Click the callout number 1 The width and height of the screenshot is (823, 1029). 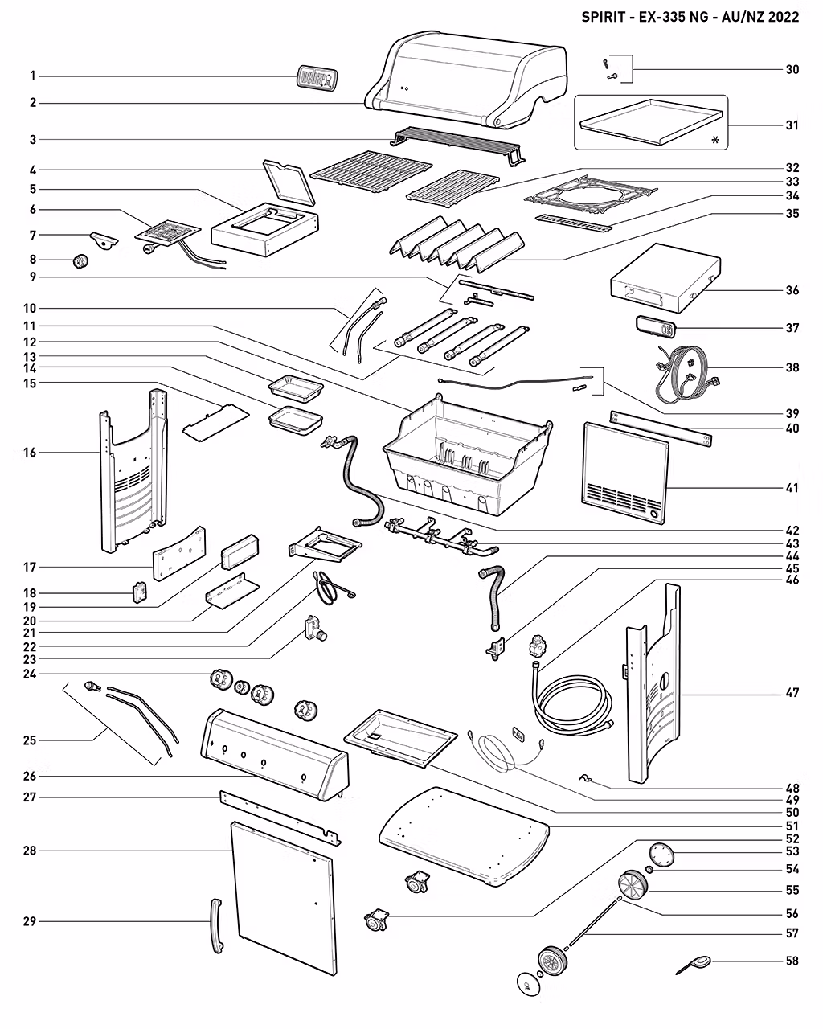tap(32, 76)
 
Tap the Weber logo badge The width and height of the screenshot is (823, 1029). tap(317, 77)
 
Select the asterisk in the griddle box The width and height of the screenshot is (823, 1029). tap(715, 140)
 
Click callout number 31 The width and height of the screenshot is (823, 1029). tap(792, 125)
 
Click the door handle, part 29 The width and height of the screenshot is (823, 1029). tap(217, 926)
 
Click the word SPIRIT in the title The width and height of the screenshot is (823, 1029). tap(603, 17)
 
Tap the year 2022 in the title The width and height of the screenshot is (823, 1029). tap(784, 17)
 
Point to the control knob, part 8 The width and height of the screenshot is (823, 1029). tap(80, 261)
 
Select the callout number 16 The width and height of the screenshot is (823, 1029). tap(30, 453)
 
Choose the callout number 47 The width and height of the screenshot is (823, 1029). tap(792, 692)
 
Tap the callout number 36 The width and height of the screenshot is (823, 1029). tap(792, 290)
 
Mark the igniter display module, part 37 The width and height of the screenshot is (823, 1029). tap(656, 327)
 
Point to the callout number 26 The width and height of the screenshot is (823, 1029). tap(30, 776)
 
